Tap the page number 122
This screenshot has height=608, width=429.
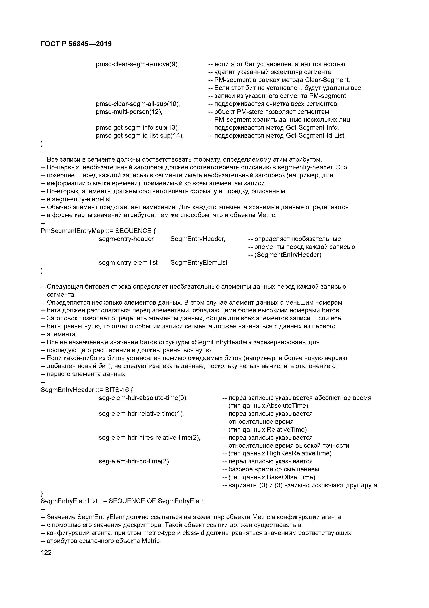tap(46, 552)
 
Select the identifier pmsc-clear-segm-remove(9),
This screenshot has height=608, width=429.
tap(137, 64)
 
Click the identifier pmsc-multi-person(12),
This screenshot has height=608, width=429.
tap(129, 112)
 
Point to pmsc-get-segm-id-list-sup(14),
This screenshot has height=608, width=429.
tap(139, 136)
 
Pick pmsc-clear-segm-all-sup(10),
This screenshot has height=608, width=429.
tap(138, 104)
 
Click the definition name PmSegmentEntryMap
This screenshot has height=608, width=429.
tap(73, 231)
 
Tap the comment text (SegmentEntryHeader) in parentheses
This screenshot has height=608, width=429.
tap(288, 255)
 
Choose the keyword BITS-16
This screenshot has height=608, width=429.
tap(117, 390)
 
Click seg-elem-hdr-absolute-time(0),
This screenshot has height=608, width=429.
tap(143, 398)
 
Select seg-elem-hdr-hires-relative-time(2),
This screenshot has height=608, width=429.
tap(149, 437)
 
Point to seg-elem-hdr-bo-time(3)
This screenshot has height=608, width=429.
tap(134, 461)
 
